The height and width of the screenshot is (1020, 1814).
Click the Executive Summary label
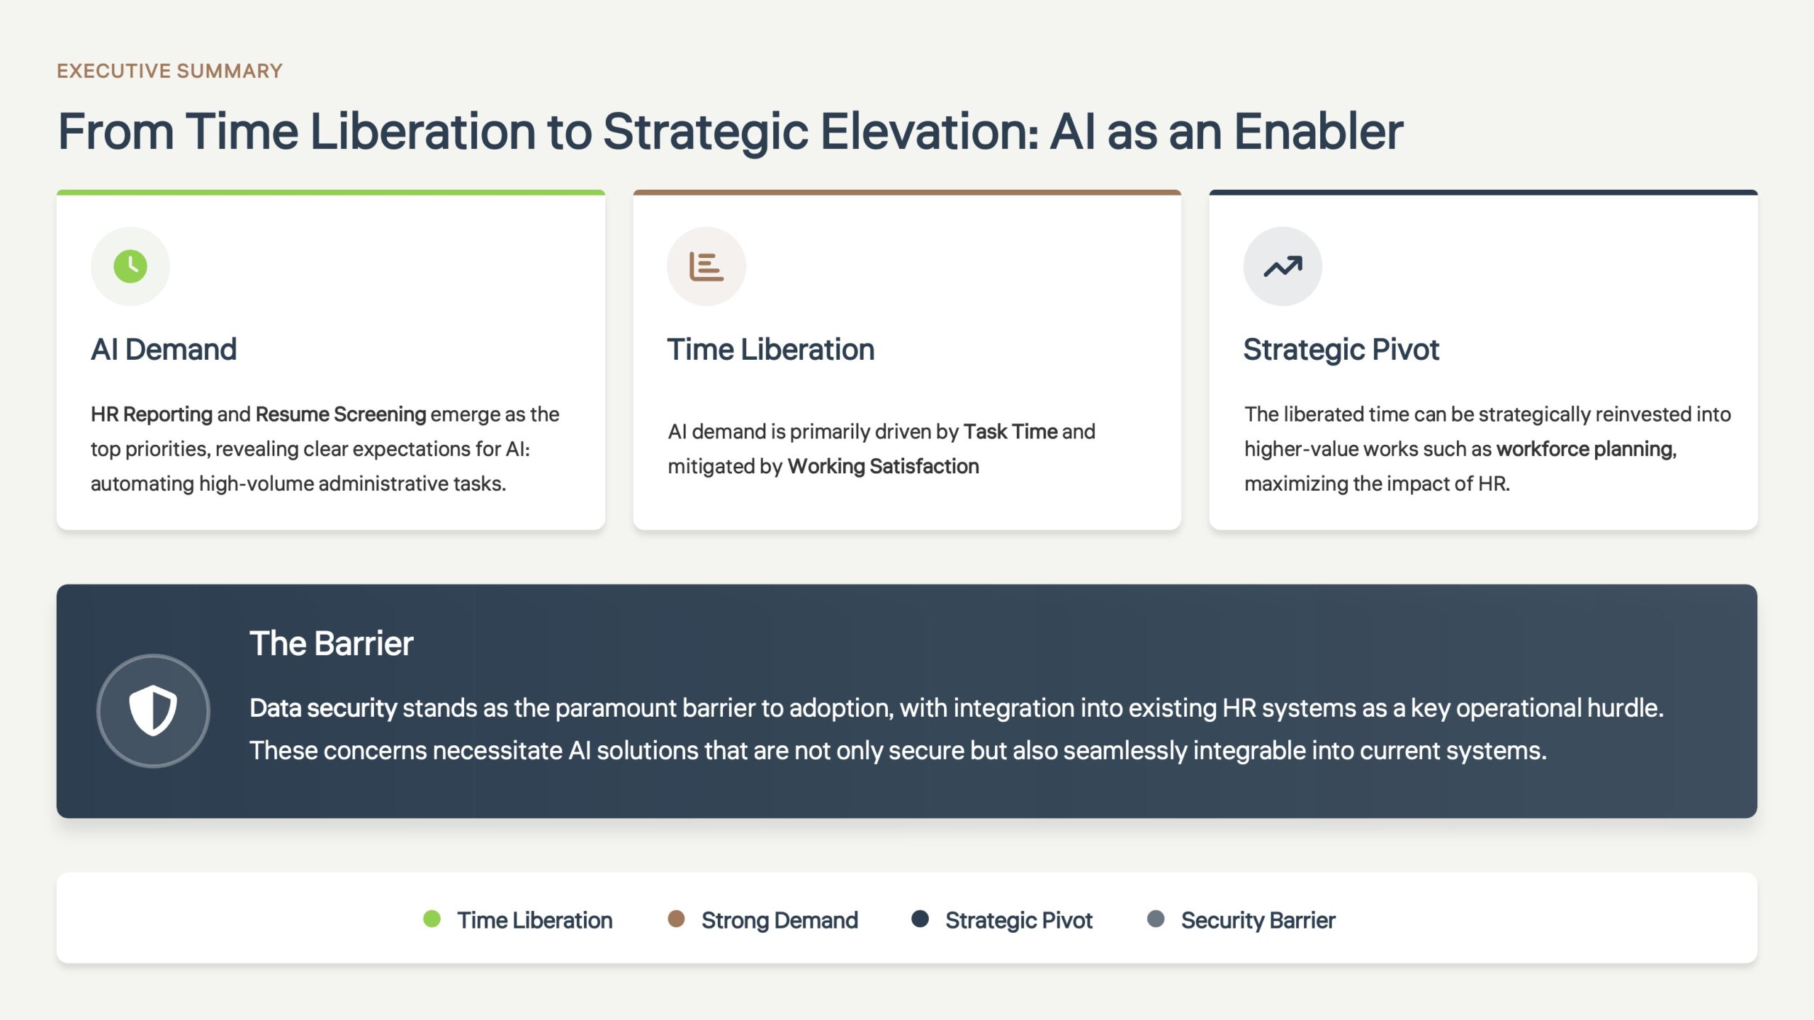tap(169, 71)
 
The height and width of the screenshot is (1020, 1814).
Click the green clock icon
tap(130, 266)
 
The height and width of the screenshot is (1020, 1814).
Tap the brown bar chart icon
tap(706, 266)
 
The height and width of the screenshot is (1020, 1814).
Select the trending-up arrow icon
tap(1283, 266)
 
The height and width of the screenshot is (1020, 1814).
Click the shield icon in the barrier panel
tap(153, 710)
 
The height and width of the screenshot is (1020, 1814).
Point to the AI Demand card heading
tap(164, 349)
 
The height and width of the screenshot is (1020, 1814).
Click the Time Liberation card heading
tap(771, 349)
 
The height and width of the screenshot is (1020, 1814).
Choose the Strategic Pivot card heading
tap(1341, 349)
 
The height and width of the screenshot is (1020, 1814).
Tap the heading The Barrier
tap(332, 643)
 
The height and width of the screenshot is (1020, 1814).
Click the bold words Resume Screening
tap(341, 414)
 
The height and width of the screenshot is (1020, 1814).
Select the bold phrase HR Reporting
tap(152, 414)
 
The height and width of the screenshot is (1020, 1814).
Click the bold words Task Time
tap(1010, 431)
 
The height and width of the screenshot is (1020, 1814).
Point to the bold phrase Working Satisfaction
tap(883, 466)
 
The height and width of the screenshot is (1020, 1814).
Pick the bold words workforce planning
tap(1587, 449)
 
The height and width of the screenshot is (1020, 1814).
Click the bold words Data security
tap(323, 708)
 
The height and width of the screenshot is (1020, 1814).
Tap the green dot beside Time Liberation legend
tap(432, 919)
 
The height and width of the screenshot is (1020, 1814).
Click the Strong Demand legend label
tap(779, 920)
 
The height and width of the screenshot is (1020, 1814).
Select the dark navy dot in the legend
tap(920, 919)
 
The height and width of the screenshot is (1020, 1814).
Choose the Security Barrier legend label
tap(1258, 920)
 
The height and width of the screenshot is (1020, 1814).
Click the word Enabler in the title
tap(1319, 132)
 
